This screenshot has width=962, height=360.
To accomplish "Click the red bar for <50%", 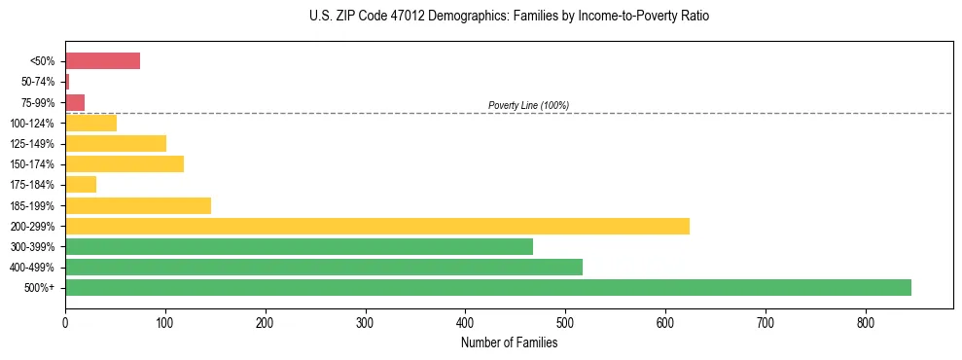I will click(x=102, y=61).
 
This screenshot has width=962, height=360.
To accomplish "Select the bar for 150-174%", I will click(x=125, y=163).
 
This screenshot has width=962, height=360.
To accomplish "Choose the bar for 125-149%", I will click(x=116, y=143).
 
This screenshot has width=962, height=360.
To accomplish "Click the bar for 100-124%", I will click(x=90, y=123).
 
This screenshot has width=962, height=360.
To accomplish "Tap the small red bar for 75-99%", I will click(x=75, y=102).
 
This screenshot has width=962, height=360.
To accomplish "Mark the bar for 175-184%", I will click(x=81, y=184).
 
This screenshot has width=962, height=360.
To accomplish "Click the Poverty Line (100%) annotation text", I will click(x=528, y=105).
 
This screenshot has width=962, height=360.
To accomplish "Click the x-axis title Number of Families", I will click(x=509, y=342).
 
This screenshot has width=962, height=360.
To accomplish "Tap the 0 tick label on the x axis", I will click(x=65, y=322).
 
